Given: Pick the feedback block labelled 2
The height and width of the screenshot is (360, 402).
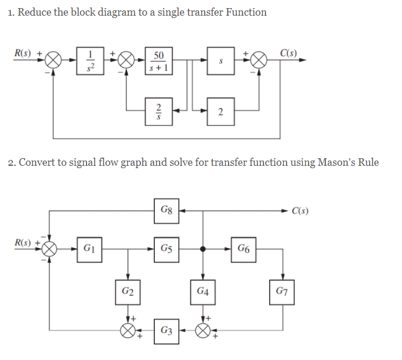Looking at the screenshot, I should tap(220, 110).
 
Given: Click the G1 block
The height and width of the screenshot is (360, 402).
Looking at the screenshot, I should tap(90, 249).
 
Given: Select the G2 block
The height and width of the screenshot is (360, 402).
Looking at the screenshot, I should tap(127, 290).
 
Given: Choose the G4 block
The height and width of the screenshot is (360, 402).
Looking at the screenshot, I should tap(202, 290).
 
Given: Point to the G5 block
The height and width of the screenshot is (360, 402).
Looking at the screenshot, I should tap(166, 249).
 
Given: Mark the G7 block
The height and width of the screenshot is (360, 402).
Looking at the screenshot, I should tap(283, 290).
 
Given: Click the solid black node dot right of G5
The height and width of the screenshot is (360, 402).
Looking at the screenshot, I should tap(202, 249).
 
